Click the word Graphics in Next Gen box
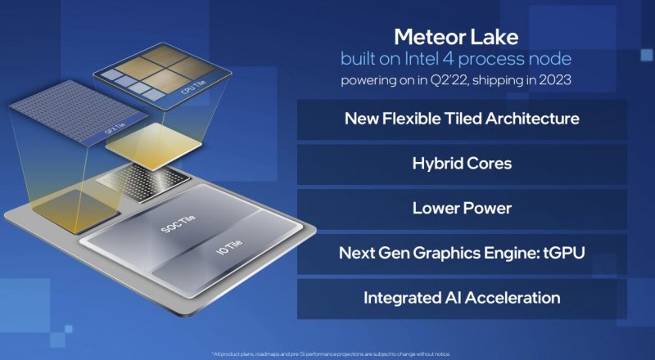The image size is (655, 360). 452,253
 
